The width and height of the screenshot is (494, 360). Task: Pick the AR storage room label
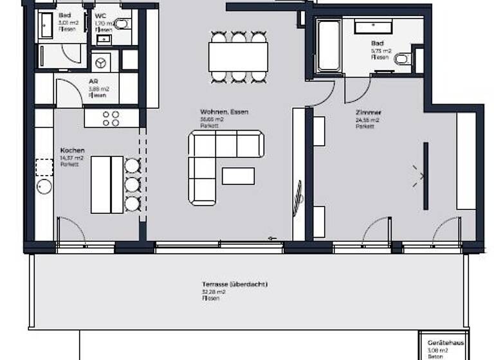click(93, 82)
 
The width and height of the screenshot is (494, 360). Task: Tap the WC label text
click(100, 15)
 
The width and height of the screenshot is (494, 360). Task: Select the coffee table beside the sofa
click(238, 176)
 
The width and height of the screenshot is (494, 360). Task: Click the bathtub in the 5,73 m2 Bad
click(329, 47)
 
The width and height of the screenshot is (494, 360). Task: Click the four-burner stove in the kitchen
click(111, 118)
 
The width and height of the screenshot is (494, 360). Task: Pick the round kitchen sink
click(44, 188)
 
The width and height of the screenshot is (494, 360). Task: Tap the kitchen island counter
click(106, 184)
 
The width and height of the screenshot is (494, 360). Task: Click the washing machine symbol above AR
click(100, 62)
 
